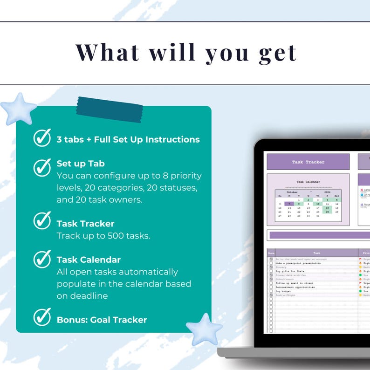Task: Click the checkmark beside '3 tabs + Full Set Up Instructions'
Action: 42,138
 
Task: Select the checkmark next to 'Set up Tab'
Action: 42,167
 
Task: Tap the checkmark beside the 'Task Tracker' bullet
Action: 42,220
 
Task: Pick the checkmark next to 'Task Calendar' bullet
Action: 42,259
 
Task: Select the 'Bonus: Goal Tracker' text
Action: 102,320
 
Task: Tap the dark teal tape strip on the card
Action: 110,110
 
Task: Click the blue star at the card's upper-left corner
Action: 18,109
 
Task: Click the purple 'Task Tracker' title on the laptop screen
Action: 308,162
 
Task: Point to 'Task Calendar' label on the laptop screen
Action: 308,182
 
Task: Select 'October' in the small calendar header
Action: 292,192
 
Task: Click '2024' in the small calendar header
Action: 327,192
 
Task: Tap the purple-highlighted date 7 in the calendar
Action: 289,204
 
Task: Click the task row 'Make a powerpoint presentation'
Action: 299,263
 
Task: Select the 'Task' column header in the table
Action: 317,253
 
